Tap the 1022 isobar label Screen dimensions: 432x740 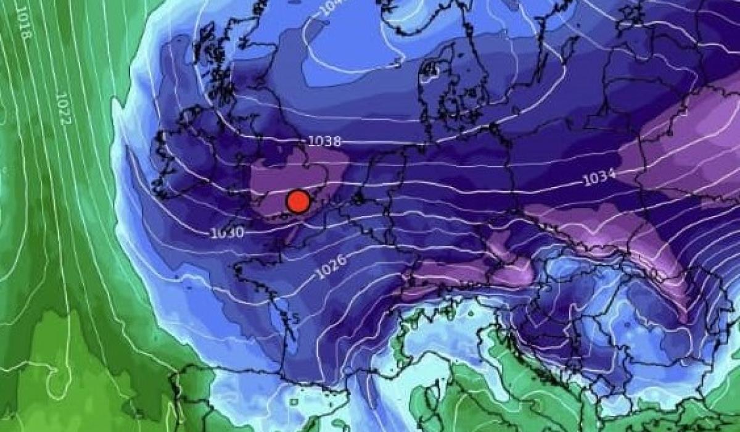tap(62, 109)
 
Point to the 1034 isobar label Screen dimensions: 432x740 tap(599, 178)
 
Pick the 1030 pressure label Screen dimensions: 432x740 tap(228, 233)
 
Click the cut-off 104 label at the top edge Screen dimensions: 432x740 tap(329, 8)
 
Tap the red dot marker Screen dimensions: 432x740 tap(298, 201)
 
